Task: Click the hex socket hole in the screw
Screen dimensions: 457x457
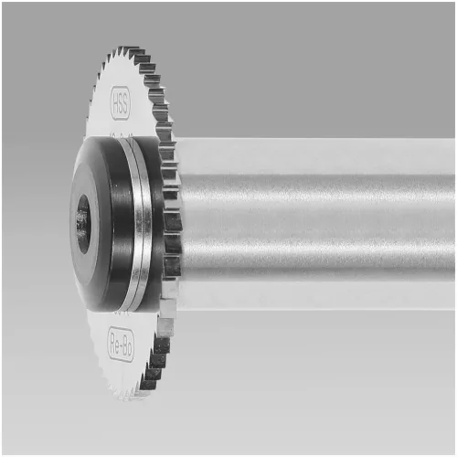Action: (82, 221)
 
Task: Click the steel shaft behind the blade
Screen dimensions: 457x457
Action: (320, 219)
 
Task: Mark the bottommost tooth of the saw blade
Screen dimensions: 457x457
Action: (128, 395)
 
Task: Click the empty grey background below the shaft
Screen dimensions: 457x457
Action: (320, 384)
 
